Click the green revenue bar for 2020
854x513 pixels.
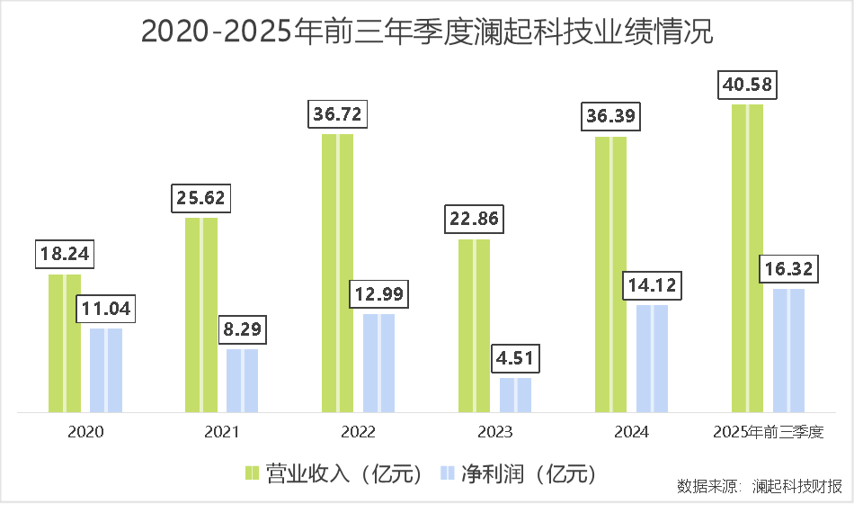65,343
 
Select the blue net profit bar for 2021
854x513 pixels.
242,380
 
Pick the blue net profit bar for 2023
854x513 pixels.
515,394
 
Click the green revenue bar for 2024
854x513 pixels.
611,274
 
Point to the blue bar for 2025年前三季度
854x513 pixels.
788,350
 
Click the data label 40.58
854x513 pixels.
747,85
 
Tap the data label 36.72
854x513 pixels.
338,115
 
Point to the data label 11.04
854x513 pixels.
106,310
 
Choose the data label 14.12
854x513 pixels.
652,286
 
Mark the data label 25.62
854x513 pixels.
201,198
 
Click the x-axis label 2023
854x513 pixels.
495,432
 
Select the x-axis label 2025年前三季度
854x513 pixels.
768,432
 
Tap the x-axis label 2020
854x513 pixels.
85,432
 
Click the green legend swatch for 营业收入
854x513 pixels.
253,473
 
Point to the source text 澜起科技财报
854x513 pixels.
797,486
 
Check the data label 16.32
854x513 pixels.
788,270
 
